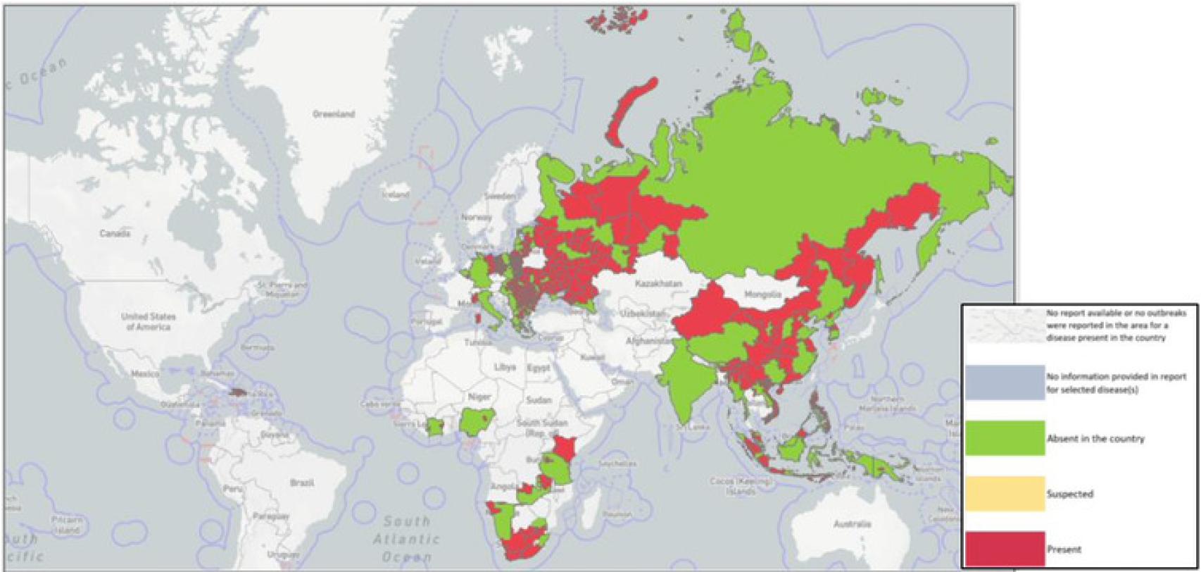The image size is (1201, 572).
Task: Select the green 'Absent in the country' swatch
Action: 1005,438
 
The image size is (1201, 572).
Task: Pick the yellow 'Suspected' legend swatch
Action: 1005,494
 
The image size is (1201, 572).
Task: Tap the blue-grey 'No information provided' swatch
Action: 1005,383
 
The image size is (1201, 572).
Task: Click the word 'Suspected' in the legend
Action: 1069,494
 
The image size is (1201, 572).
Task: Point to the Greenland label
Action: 334,113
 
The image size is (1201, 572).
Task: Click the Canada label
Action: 114,233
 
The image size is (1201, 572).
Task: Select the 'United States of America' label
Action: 148,321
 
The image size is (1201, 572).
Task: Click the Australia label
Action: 852,524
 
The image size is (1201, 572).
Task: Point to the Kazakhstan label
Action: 658,283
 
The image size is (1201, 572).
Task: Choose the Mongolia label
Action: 762,294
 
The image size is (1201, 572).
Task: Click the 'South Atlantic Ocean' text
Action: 407,539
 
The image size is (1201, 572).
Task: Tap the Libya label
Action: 505,368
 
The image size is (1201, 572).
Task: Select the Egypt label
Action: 539,368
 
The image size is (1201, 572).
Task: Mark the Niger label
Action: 479,397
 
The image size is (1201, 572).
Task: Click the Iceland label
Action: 395,194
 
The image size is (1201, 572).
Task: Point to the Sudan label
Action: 539,399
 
